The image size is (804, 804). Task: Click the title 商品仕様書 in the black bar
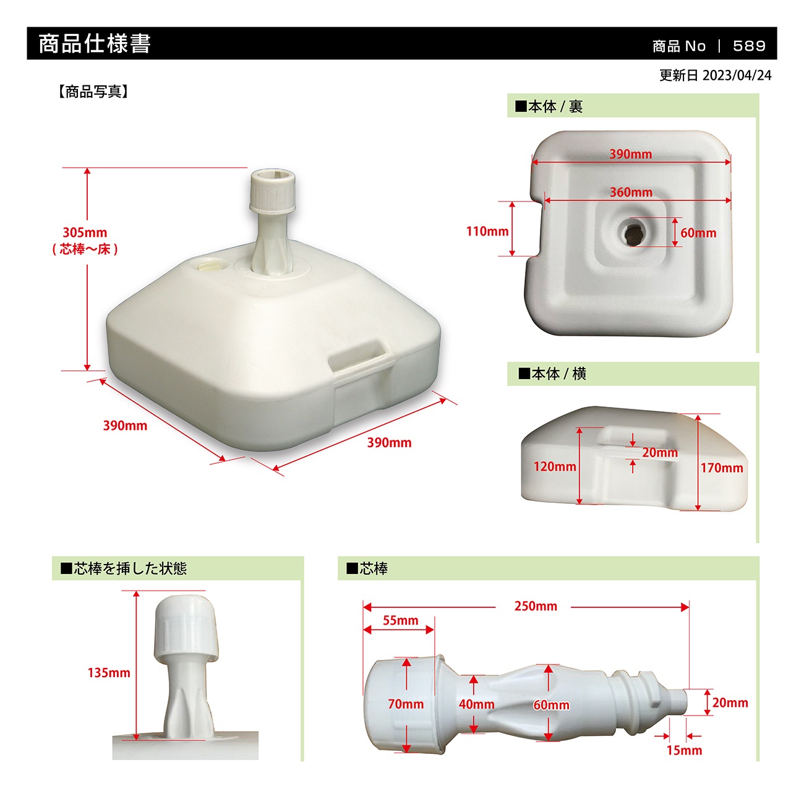tap(95, 44)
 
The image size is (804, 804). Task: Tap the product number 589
tap(748, 46)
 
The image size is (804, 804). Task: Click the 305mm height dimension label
tap(85, 233)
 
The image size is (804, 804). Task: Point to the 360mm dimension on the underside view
tap(631, 192)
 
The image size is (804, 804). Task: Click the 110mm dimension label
tap(487, 231)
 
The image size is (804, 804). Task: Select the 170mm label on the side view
tap(721, 468)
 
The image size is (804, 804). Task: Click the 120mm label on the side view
tap(555, 467)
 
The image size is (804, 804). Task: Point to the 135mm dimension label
tap(109, 673)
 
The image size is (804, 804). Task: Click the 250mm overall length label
tap(536, 607)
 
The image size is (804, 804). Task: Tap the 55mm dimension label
tap(400, 620)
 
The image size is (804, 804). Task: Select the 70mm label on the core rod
tap(406, 704)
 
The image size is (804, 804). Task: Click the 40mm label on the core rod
tap(476, 704)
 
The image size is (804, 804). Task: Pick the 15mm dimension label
tap(684, 750)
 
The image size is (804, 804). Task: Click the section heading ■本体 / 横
tap(552, 374)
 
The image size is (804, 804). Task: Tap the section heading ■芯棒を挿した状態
tap(124, 568)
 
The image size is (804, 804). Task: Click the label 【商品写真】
tap(93, 92)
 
